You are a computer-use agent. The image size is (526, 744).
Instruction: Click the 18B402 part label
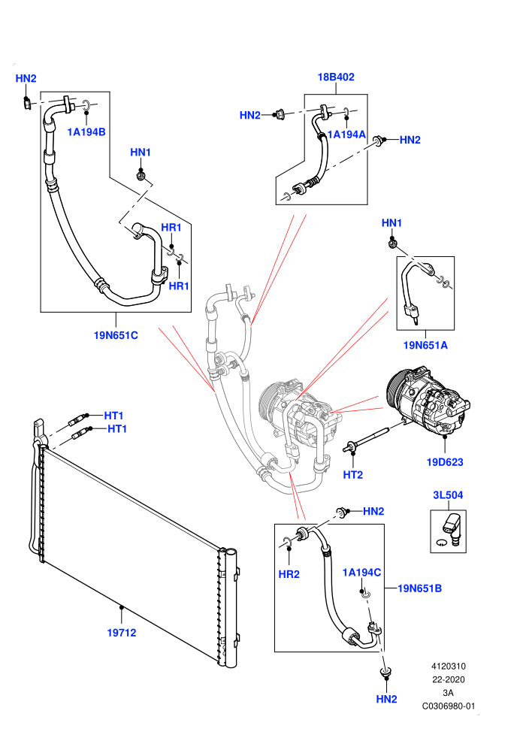tap(336, 77)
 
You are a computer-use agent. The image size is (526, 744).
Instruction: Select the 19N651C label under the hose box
tap(116, 335)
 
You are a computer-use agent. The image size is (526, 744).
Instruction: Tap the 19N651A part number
tap(425, 346)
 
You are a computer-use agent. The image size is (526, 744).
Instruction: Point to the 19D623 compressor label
tap(445, 462)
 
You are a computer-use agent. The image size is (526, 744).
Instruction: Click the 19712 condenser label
tap(122, 633)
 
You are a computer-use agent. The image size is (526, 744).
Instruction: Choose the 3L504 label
tap(448, 495)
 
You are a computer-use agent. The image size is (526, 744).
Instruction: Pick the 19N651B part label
tap(420, 588)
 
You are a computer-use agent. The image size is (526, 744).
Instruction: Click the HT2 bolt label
tap(353, 475)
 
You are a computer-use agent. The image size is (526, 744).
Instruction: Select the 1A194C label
tap(361, 573)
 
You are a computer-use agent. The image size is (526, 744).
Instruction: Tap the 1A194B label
tap(86, 132)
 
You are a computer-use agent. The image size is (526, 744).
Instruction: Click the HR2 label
tap(289, 574)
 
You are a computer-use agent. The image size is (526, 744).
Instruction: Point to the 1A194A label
tap(346, 135)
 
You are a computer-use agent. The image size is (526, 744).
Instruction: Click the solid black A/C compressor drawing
tap(428, 400)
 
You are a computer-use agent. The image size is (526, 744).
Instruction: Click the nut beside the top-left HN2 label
tap(28, 102)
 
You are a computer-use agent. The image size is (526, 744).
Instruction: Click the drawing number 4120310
tap(448, 666)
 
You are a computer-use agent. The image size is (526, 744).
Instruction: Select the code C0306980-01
tap(448, 706)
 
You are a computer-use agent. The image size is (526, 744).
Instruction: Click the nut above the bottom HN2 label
tap(385, 673)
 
